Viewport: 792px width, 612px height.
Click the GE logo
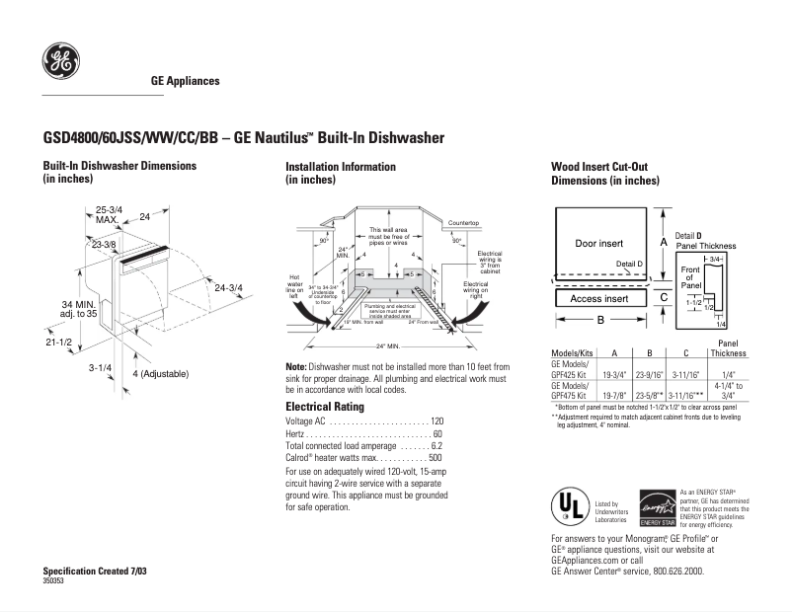click(x=60, y=62)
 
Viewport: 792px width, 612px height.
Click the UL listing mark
click(x=571, y=506)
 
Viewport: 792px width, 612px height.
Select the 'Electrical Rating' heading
click(x=325, y=407)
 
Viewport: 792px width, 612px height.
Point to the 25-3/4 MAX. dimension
click(x=108, y=214)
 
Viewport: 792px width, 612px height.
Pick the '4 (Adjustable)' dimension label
click(x=160, y=374)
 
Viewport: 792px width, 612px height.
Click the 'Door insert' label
click(x=598, y=242)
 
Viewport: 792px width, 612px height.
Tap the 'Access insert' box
click(x=598, y=298)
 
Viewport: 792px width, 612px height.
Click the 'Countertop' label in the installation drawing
click(x=463, y=224)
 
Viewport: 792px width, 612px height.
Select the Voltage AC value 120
click(x=436, y=421)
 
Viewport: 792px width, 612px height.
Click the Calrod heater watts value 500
click(x=436, y=458)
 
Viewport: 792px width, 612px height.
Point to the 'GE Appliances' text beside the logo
click(x=185, y=81)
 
